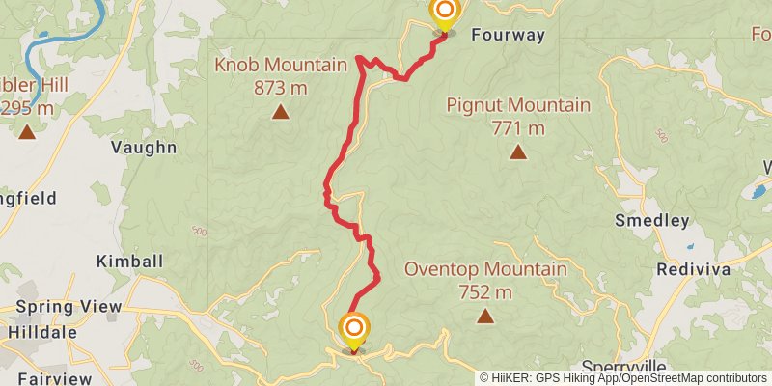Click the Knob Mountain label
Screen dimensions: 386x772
tap(281, 66)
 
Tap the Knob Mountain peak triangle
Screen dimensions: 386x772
tap(281, 112)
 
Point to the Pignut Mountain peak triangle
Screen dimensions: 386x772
tap(518, 152)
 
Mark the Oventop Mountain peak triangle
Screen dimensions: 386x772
tap(484, 316)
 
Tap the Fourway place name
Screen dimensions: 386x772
tap(509, 36)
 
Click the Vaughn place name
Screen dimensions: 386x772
tap(144, 148)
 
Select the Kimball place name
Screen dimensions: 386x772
tap(130, 262)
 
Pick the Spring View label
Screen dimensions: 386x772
tap(68, 308)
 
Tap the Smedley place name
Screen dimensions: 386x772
tap(652, 221)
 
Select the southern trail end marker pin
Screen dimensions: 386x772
tap(354, 331)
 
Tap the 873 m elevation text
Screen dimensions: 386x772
tap(281, 88)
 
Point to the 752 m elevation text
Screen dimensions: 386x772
tap(484, 291)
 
